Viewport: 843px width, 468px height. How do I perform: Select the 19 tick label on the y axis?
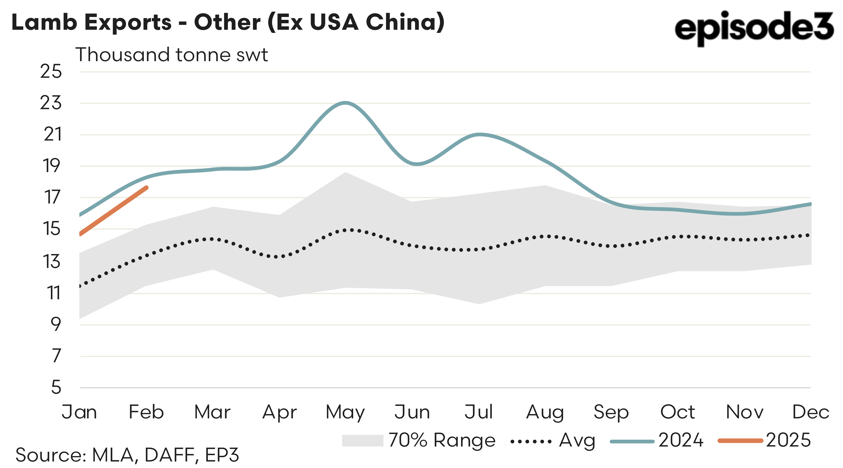(x=52, y=166)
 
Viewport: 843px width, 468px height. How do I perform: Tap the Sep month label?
(x=611, y=412)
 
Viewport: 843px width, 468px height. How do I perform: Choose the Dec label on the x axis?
(x=810, y=412)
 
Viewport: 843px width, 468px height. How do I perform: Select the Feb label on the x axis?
(x=146, y=412)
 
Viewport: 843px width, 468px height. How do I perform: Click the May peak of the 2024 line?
(x=345, y=103)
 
